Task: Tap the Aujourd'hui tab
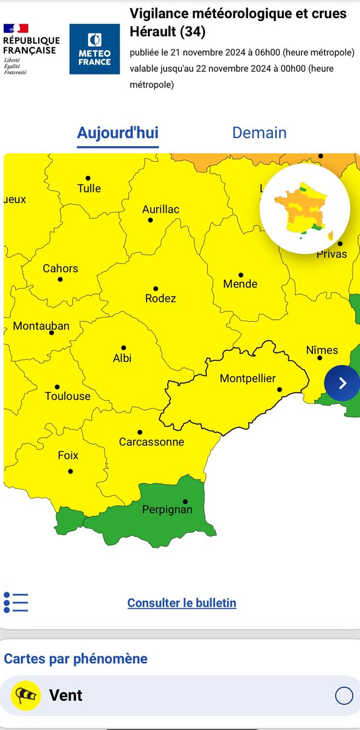coord(117,133)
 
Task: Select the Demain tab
coord(259,133)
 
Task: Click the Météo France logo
coord(94,49)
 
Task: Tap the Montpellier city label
coord(247,378)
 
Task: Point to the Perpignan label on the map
coord(167,509)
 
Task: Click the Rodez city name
coord(161,298)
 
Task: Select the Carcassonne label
coord(151,442)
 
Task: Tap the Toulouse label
coord(67,396)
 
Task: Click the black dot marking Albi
coord(123,347)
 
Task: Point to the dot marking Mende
coord(241,275)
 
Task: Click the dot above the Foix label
coord(71,471)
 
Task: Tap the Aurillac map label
coord(161,209)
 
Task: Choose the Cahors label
coord(60,268)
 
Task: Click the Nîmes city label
coord(322,350)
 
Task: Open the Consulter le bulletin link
coord(182,603)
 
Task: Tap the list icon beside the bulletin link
coord(16,602)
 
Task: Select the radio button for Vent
coord(344,695)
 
